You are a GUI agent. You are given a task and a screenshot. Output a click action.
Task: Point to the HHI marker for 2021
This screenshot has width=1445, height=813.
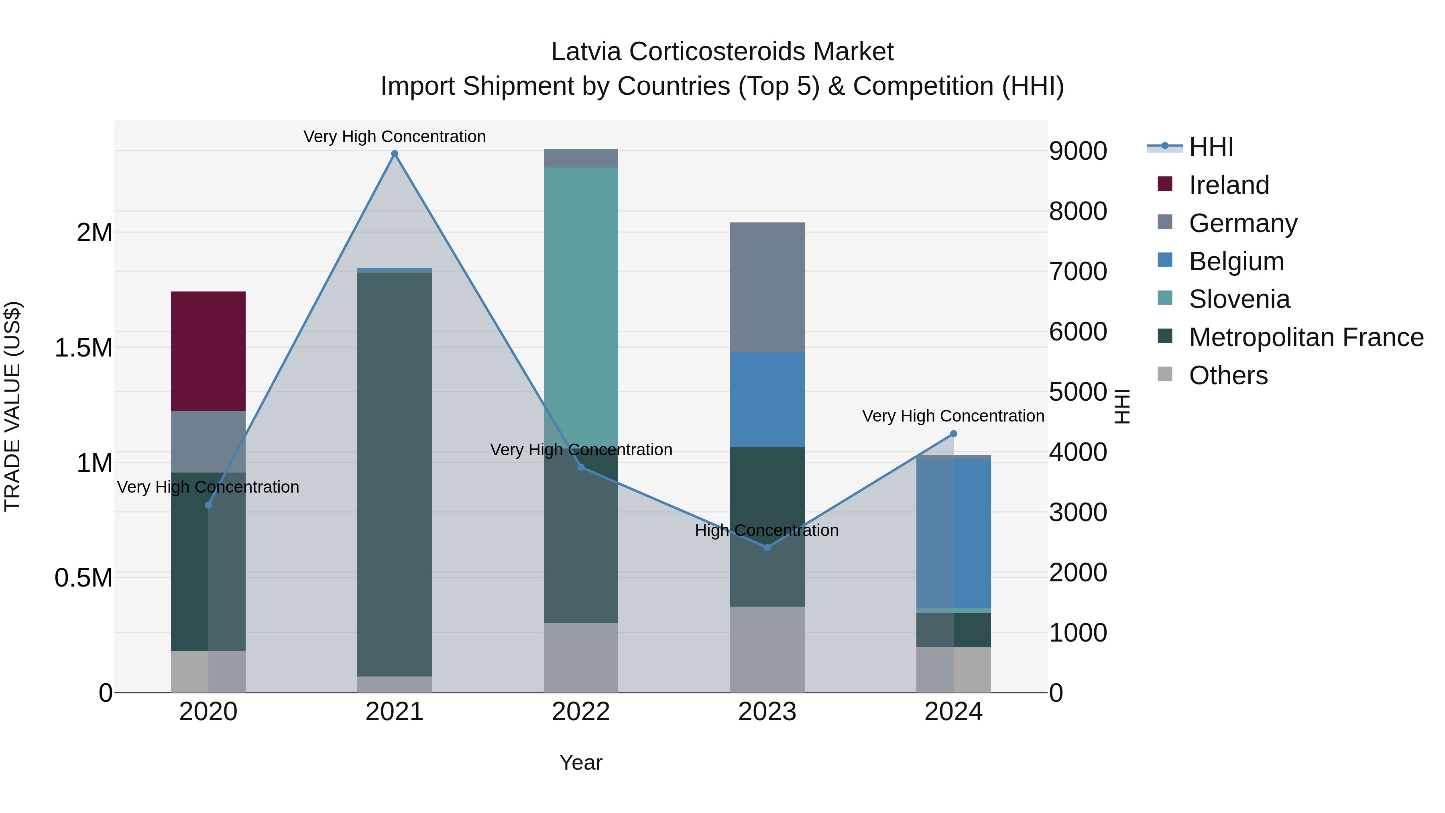[x=394, y=154]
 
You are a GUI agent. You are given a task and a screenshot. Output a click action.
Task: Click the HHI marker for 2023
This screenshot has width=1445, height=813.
[x=767, y=547]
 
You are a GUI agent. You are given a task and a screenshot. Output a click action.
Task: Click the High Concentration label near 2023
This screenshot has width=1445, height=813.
[x=766, y=530]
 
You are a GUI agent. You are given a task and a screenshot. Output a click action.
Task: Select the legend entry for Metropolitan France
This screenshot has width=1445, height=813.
[x=1306, y=337]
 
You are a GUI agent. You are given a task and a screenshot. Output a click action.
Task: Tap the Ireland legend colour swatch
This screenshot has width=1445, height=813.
[x=1165, y=184]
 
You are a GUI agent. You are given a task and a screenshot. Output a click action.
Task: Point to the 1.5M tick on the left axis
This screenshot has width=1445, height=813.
[x=83, y=348]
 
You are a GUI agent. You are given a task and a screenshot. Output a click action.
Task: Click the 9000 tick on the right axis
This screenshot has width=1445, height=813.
[x=1078, y=151]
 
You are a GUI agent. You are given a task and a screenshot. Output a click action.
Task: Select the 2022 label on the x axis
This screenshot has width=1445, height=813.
[x=580, y=712]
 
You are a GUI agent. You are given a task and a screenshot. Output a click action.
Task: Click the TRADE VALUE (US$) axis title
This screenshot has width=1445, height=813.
[x=13, y=406]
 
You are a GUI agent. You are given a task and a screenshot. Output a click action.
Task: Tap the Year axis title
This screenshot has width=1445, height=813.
[x=580, y=762]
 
